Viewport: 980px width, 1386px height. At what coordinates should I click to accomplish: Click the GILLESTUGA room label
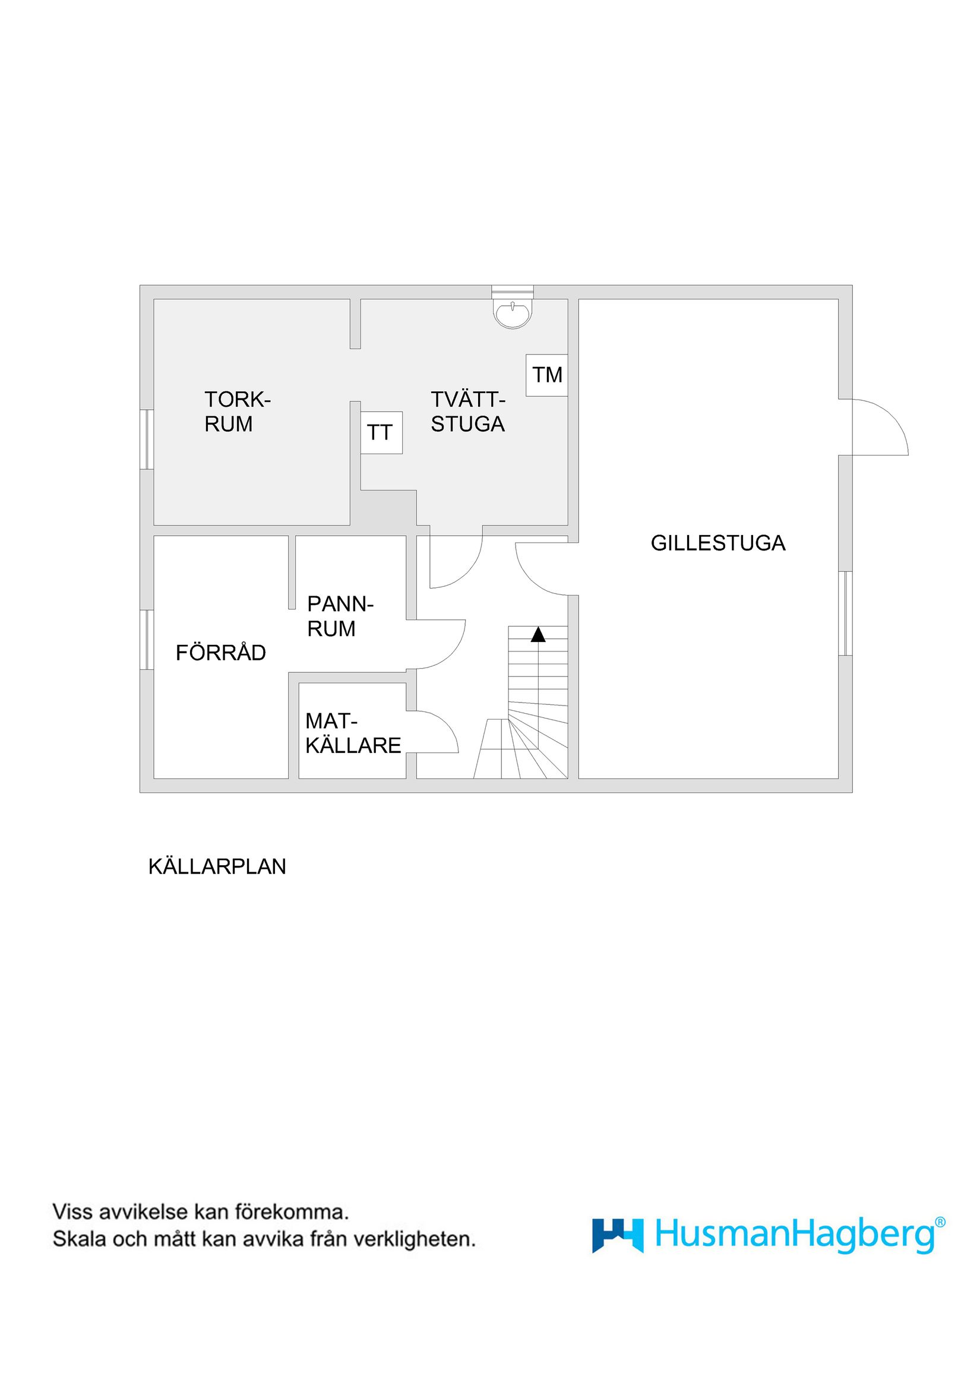(718, 543)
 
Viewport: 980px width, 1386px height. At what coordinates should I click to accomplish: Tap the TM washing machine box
(546, 375)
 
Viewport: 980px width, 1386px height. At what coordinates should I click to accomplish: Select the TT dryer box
(381, 432)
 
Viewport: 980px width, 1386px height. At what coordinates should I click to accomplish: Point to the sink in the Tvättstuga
(513, 313)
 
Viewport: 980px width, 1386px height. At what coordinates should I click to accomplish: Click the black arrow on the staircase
(538, 634)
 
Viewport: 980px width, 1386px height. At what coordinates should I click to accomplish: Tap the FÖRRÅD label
(220, 653)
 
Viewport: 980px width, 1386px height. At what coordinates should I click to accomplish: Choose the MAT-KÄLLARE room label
(353, 733)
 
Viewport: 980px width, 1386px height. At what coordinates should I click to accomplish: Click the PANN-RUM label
(340, 616)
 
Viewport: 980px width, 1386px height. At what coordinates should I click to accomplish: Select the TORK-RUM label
(238, 412)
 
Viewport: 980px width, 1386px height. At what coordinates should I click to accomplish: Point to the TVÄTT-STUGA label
(467, 412)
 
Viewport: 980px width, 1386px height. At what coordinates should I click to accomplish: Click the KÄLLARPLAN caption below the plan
(217, 866)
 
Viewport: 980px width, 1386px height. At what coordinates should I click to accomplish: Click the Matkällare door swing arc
(436, 732)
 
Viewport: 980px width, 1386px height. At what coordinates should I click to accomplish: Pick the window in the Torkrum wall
(146, 439)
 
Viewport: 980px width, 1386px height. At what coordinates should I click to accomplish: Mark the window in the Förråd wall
(146, 640)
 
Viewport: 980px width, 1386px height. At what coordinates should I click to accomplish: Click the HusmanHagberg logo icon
(617, 1235)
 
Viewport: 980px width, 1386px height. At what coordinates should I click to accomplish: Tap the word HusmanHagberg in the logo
(795, 1235)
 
